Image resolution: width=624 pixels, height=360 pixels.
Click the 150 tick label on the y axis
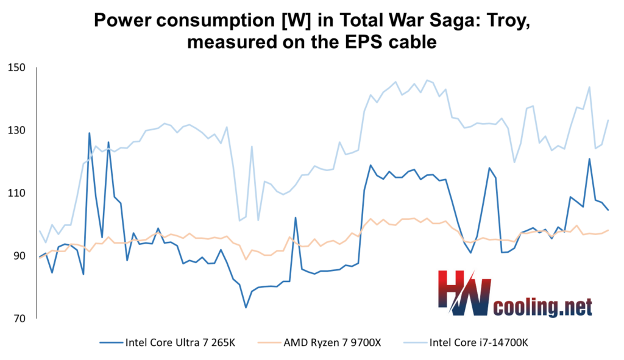[x=18, y=67]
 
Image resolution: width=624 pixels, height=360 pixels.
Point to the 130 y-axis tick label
[x=18, y=130]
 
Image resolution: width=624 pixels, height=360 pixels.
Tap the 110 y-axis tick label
[x=18, y=192]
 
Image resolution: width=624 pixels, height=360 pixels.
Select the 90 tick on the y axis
[x=19, y=255]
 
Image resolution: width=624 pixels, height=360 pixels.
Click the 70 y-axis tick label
[x=19, y=318]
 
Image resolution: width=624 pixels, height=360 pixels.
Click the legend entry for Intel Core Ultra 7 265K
[x=180, y=342]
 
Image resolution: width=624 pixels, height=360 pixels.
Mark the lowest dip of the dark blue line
[x=246, y=307]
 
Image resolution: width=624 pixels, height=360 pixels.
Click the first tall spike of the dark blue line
[x=90, y=133]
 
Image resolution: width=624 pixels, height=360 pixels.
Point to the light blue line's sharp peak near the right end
[x=589, y=87]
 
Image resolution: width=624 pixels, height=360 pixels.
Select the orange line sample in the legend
[x=264, y=342]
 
